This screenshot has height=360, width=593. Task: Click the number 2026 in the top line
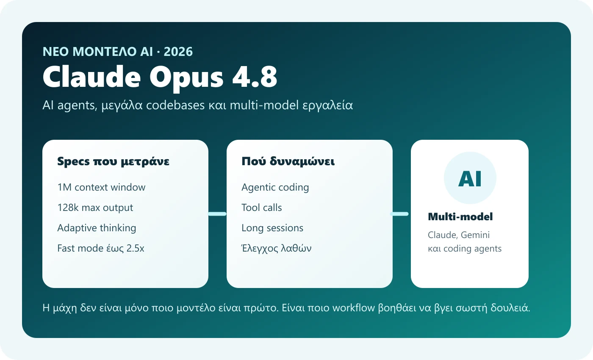[x=178, y=52]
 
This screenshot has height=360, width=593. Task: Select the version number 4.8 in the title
[x=255, y=77]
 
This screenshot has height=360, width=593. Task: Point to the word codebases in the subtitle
[x=175, y=105]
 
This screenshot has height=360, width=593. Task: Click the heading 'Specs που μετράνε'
[x=114, y=161]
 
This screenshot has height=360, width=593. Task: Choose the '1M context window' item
[x=101, y=187]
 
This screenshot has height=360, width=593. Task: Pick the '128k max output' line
[x=95, y=208]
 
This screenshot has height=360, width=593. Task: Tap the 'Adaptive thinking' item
[x=97, y=228]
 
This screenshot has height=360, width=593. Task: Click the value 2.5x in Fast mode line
[x=135, y=248]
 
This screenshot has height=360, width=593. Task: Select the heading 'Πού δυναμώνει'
[x=288, y=161]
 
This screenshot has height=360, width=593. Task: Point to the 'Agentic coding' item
[x=275, y=187]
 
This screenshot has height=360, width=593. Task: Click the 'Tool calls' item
[x=262, y=208]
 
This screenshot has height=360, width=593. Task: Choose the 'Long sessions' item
[x=272, y=228]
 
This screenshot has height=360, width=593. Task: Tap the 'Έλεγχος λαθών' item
[x=276, y=248]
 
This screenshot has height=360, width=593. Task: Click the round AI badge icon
[x=470, y=178]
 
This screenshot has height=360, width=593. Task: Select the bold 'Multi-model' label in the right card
[x=460, y=217]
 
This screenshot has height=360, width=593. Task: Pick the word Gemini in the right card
[x=475, y=235]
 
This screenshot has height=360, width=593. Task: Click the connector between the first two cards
[x=217, y=214]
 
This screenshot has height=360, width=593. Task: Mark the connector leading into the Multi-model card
[x=399, y=214]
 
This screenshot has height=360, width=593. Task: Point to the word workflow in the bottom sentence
[x=354, y=308]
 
